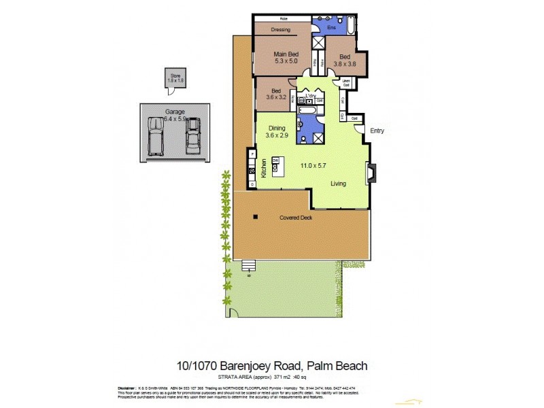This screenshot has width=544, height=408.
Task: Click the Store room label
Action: (x=175, y=78)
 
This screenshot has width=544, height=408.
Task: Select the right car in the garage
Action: (x=193, y=134)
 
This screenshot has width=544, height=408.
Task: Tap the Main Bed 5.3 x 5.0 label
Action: (x=286, y=58)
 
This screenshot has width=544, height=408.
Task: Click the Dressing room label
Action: (x=281, y=30)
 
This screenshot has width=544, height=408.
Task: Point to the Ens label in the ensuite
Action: (x=331, y=28)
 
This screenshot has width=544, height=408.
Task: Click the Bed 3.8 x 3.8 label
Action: (x=345, y=61)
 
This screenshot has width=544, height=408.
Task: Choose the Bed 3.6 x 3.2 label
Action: (x=275, y=94)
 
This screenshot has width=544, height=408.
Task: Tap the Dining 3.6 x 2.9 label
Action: (x=277, y=131)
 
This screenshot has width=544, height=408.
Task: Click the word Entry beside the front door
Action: (x=377, y=131)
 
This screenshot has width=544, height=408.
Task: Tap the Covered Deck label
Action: (x=295, y=218)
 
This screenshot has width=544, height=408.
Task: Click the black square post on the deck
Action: (x=255, y=217)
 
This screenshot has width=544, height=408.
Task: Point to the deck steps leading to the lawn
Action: (x=250, y=267)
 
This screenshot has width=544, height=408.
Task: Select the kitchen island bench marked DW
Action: (x=276, y=166)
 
